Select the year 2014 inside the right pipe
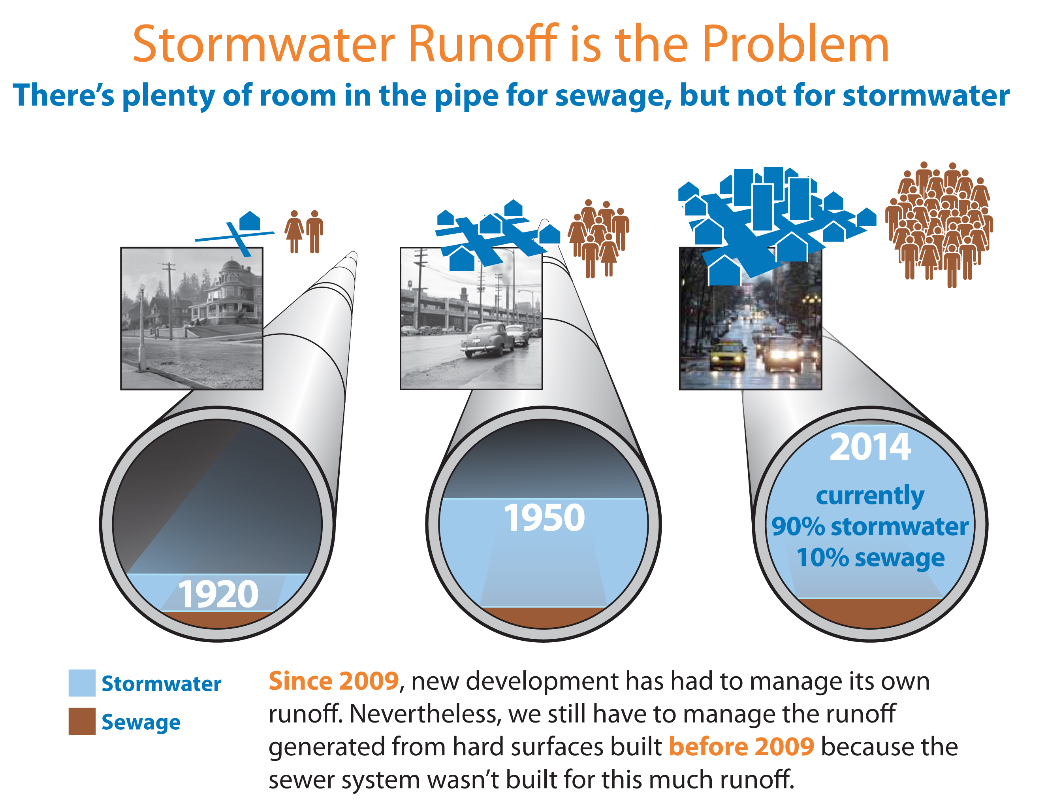point(870,447)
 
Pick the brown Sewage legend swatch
point(82,721)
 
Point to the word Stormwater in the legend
point(161,684)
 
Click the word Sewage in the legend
point(141,723)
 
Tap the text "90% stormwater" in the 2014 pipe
point(870,526)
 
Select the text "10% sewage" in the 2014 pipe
point(870,558)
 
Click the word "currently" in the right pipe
point(870,496)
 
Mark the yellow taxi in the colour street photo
point(728,355)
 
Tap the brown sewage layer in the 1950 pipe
point(543,618)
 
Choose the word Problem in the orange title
point(795,44)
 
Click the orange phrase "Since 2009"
point(334,681)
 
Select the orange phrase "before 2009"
point(741,747)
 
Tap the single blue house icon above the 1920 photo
point(250,221)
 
